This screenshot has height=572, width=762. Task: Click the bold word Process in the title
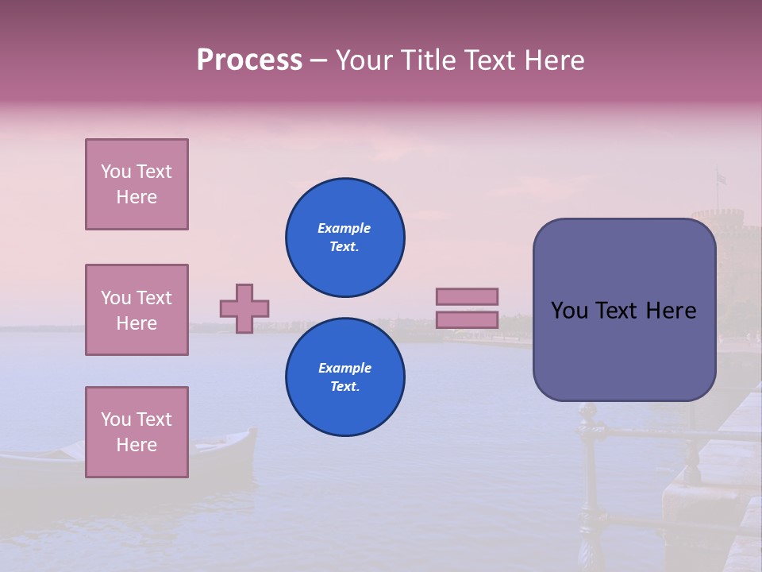pos(249,60)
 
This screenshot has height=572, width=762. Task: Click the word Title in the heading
pos(428,60)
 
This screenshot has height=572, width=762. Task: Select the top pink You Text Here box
pos(137,184)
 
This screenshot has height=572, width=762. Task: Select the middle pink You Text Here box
pos(137,310)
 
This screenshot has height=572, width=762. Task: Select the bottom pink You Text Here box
pos(137,432)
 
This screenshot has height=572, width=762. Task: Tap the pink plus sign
pos(244,308)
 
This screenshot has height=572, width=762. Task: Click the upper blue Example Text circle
pos(345,238)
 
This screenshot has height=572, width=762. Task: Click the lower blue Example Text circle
pos(345,377)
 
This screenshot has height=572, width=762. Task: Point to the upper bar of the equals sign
pos(467,296)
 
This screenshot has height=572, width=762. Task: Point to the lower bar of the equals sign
pos(467,319)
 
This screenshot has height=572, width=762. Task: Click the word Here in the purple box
pos(671,311)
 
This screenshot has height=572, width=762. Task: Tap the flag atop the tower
pos(721,178)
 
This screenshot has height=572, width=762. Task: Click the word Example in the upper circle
pos(344,228)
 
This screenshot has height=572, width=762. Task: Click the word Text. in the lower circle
pos(344,387)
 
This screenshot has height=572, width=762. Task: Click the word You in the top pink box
pos(116,172)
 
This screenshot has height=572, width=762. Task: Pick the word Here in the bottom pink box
pos(137,445)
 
